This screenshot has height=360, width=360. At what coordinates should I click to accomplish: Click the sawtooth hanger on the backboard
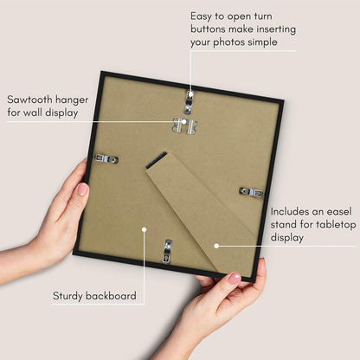tap(185, 126)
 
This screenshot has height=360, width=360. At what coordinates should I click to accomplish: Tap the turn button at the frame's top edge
tap(189, 101)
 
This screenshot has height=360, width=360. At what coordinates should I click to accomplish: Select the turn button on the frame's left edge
tap(106, 158)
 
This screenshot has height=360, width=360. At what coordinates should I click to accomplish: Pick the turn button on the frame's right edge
tap(251, 192)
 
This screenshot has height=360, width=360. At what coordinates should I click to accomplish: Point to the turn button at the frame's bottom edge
tap(167, 252)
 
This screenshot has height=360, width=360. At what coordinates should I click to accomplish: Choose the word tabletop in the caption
tap(336, 225)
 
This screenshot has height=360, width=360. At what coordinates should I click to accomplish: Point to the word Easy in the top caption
tap(201, 16)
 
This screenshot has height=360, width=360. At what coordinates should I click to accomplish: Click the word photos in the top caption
tap(229, 42)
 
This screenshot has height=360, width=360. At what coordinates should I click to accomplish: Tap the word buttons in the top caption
tap(209, 29)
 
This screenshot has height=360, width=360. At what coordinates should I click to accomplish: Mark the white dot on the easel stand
tap(216, 246)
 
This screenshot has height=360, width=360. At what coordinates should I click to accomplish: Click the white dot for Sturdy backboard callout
tap(144, 229)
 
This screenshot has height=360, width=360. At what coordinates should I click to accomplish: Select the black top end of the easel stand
tap(156, 160)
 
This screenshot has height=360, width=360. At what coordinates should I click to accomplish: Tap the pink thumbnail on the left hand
tap(83, 190)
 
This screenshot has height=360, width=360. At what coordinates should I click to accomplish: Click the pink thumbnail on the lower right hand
tap(235, 278)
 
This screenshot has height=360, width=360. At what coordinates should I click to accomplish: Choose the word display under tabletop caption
tap(287, 238)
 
